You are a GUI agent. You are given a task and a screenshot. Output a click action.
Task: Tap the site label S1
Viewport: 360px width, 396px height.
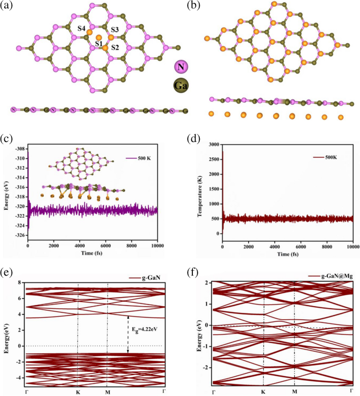coord(99,44)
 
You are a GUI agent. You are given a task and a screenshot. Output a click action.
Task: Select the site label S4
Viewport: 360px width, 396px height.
coord(82,28)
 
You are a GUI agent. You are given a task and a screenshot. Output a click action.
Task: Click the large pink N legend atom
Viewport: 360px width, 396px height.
coord(181,67)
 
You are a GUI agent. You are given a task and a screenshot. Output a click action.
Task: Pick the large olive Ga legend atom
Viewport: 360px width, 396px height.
coord(181,85)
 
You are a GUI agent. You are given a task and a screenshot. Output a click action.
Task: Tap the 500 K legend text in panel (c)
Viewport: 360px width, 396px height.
coord(144,158)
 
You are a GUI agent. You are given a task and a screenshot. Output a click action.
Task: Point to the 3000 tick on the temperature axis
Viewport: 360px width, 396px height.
coord(212,144)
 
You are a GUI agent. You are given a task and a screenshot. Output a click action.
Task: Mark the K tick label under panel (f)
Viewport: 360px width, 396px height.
coord(263,392)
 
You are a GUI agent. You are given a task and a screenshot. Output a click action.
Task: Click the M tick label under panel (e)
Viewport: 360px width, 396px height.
coord(107,392)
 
